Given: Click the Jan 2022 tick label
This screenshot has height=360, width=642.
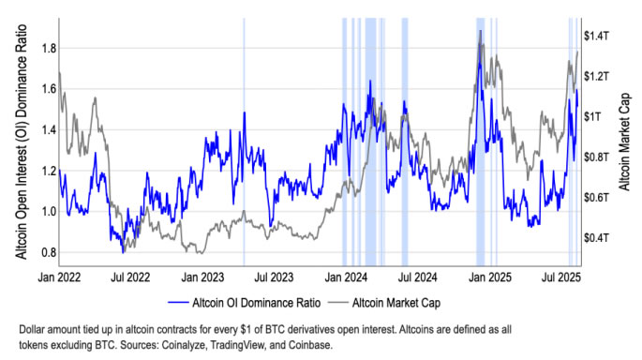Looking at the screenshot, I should (58, 278).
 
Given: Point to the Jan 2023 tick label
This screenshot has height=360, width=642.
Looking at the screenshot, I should (202, 278).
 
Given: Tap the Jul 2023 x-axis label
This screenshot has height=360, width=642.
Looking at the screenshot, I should (274, 278).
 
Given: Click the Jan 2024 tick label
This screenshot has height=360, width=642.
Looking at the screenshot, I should (347, 278).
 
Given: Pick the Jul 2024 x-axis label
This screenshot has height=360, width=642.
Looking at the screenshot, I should (418, 278).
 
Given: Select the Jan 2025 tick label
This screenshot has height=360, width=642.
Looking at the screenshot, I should (491, 278).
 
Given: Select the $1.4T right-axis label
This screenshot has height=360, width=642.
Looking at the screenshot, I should (598, 36).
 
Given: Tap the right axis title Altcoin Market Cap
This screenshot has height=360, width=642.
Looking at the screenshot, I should (626, 141).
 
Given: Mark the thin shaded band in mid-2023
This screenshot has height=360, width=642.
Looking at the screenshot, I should (244, 141).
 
